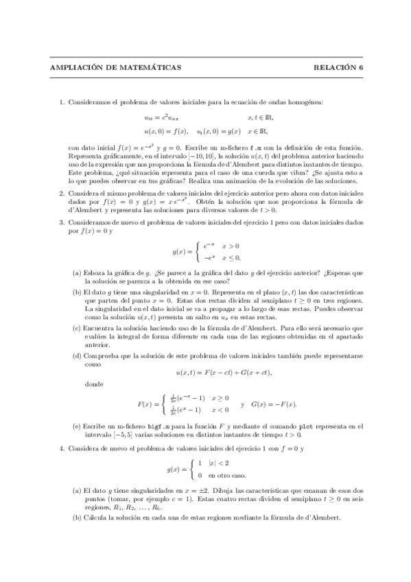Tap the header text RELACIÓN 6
(338, 67)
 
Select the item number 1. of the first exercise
(61, 104)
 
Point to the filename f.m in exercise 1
(255, 148)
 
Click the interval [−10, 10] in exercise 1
(198, 156)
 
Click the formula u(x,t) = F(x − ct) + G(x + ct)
(224, 372)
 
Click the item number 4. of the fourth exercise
(61, 448)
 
